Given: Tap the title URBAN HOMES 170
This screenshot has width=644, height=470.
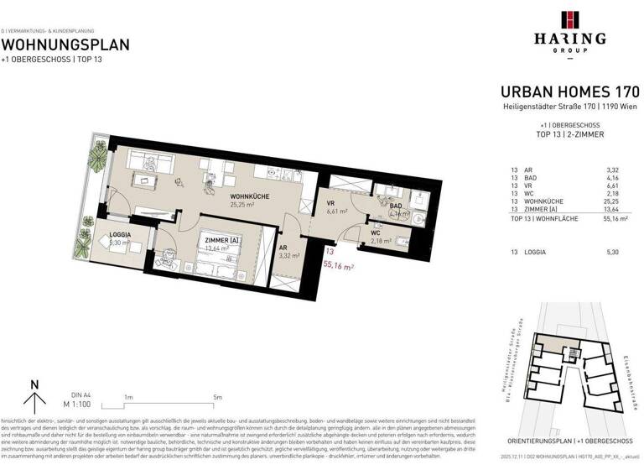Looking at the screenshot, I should tap(569, 91).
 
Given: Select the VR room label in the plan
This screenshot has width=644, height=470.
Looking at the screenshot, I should tap(330, 203).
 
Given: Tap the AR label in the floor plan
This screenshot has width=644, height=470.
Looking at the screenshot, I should tap(283, 248).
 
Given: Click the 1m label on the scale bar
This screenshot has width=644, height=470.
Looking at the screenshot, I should tap(129, 397).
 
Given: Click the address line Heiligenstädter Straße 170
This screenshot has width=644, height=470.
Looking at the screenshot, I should tap(569, 106).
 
